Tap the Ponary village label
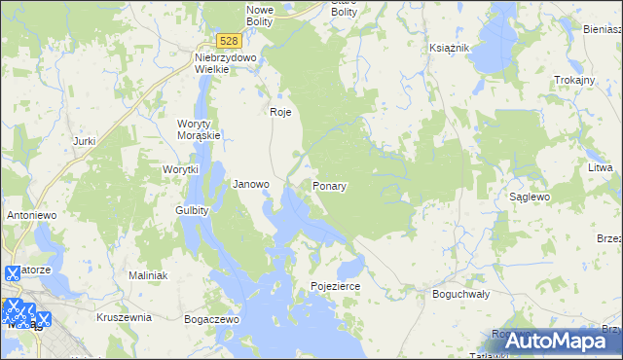tap(331, 185)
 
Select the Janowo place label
tap(251, 184)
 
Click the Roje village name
tap(280, 112)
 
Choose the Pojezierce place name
tap(336, 287)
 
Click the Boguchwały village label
tap(460, 293)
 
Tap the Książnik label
tap(450, 48)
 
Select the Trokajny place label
tap(573, 80)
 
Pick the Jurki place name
tap(84, 141)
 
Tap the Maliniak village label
tap(149, 275)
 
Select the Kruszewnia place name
tap(124, 317)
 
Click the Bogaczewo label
tap(211, 318)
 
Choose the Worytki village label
tap(180, 169)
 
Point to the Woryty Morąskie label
tap(200, 129)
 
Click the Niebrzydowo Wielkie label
tap(225, 63)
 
